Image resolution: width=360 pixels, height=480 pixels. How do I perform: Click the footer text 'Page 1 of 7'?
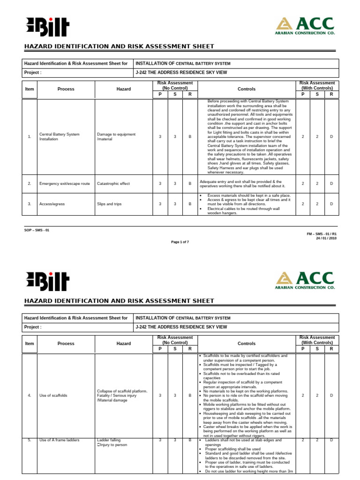[x=180, y=242]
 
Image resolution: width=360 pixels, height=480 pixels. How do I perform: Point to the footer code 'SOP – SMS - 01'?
[x=37, y=230]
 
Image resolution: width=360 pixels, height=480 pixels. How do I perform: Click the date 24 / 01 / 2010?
[x=326, y=238]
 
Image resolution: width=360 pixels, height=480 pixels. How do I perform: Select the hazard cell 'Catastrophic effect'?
[x=113, y=184]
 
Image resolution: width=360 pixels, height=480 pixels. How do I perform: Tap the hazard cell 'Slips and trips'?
[x=110, y=204]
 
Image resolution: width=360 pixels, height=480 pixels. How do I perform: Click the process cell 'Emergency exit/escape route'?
[x=64, y=184]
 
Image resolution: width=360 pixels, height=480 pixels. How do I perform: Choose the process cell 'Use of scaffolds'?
[x=53, y=395]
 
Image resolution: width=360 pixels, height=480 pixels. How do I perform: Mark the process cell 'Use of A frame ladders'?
[x=60, y=440]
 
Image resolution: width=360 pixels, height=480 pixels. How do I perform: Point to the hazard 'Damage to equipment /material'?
[x=116, y=136]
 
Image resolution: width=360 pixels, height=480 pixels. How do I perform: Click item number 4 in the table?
[x=30, y=395]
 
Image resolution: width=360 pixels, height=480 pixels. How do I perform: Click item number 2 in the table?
[x=30, y=184]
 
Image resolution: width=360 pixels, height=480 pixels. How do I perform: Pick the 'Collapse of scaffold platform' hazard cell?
[x=122, y=390]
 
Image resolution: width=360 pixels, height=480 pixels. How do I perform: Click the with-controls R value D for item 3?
[x=331, y=204]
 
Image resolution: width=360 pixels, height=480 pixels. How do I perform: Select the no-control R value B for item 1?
[x=190, y=136]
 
